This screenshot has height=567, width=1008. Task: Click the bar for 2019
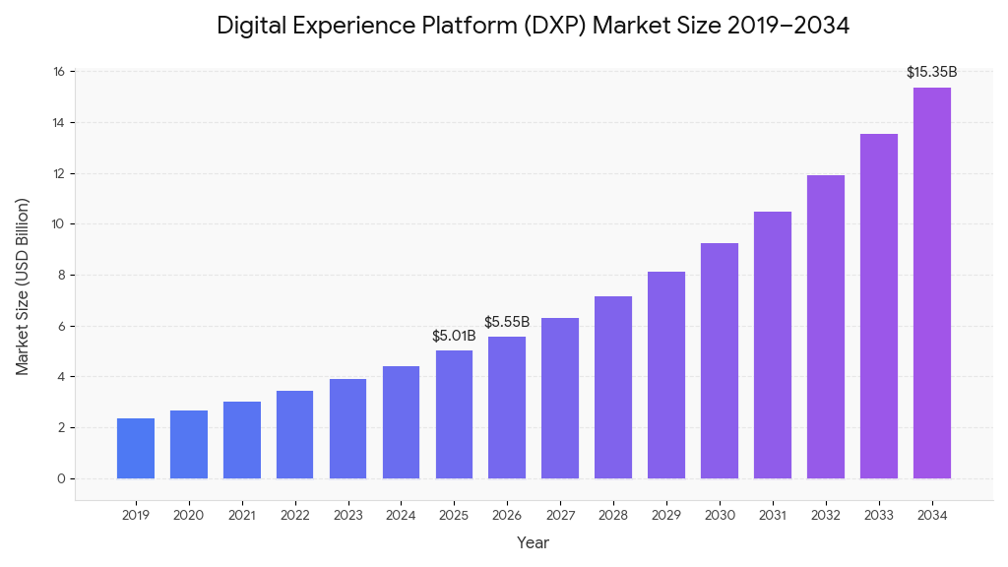pyautogui.click(x=136, y=449)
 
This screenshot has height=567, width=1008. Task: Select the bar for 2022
pyautogui.click(x=294, y=435)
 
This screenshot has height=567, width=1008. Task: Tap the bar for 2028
pyautogui.click(x=613, y=388)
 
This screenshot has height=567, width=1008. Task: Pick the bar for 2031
pyautogui.click(x=773, y=346)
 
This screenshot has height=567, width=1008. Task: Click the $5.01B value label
pyautogui.click(x=454, y=337)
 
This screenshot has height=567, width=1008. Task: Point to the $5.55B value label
pyautogui.click(x=507, y=323)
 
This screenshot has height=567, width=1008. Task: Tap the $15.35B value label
pyautogui.click(x=931, y=72)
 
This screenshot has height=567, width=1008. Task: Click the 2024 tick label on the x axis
pyautogui.click(x=401, y=515)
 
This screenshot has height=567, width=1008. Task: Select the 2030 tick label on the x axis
pyautogui.click(x=720, y=515)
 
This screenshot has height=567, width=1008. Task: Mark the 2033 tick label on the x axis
pyautogui.click(x=879, y=515)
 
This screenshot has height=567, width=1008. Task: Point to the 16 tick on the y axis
pyautogui.click(x=59, y=72)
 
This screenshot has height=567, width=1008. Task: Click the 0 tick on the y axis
pyautogui.click(x=62, y=479)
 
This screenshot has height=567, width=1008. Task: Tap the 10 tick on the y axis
pyautogui.click(x=59, y=224)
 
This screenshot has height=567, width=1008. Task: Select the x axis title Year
pyautogui.click(x=534, y=542)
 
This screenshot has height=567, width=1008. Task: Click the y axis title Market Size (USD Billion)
pyautogui.click(x=23, y=286)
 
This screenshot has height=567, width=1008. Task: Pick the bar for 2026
pyautogui.click(x=507, y=408)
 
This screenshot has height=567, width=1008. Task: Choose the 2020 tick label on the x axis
pyautogui.click(x=189, y=515)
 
